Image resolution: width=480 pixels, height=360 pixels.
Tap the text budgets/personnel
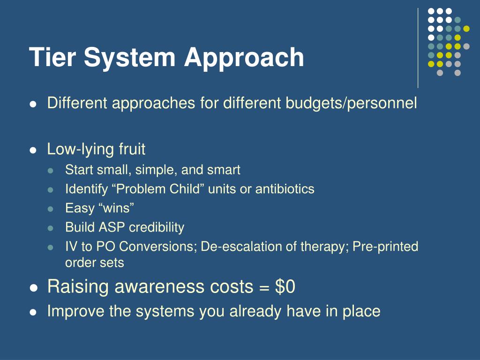pyautogui.click(x=351, y=103)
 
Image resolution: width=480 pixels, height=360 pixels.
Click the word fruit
pyautogui.click(x=132, y=150)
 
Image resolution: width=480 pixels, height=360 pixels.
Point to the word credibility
pyautogui.click(x=157, y=227)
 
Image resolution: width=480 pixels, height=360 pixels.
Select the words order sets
pyautogui.click(x=94, y=262)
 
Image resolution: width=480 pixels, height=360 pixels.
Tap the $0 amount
pyautogui.click(x=285, y=286)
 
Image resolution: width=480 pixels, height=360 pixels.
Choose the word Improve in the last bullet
pyautogui.click(x=76, y=311)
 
